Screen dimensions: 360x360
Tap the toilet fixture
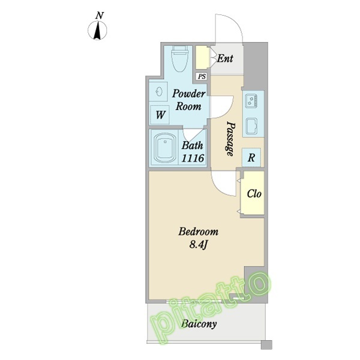pyautogui.click(x=180, y=58)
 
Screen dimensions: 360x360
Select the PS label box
pyautogui.click(x=202, y=76)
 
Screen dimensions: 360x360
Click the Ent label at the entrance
pyautogui.click(x=225, y=59)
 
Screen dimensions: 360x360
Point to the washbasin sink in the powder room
pyautogui.click(x=159, y=92)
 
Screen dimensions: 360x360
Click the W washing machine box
pyautogui.click(x=160, y=115)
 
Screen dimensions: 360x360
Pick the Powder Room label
pyautogui.click(x=189, y=100)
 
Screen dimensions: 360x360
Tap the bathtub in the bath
pyautogui.click(x=165, y=148)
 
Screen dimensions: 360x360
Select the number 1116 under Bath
pyautogui.click(x=193, y=158)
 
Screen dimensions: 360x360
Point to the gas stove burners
pyautogui.click(x=251, y=101)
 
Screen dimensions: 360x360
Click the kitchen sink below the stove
pyautogui.click(x=251, y=126)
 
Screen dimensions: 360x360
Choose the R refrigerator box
pyautogui.click(x=251, y=157)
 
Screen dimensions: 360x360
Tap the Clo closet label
pyautogui.click(x=254, y=194)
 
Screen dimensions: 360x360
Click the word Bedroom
pyautogui.click(x=199, y=232)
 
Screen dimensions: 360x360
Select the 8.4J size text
pyautogui.click(x=199, y=245)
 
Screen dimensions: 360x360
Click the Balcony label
pyautogui.click(x=199, y=324)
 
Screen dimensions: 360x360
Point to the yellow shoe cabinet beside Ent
pyautogui.click(x=202, y=57)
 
